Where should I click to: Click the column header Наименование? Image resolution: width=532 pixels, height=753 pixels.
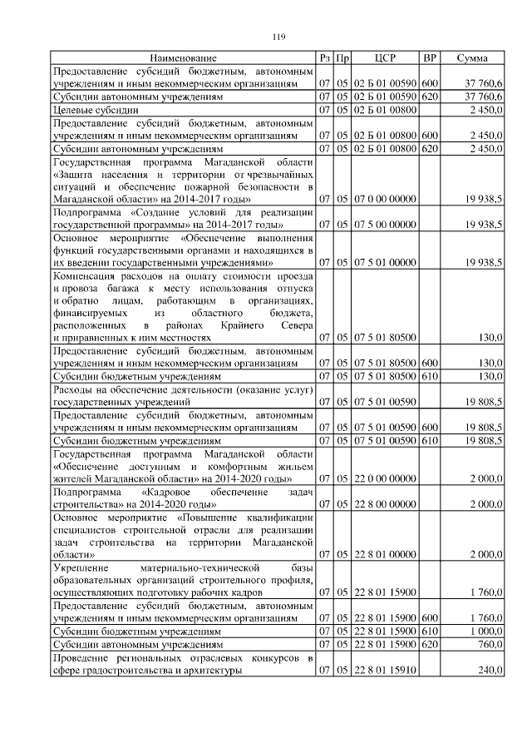pos(183,58)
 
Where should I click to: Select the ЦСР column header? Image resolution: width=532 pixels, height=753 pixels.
pos(384,58)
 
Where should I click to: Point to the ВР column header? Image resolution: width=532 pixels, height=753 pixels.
pos(430,58)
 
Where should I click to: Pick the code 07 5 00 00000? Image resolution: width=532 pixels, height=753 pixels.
pos(384,225)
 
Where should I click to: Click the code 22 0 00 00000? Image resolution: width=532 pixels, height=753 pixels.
pos(384,480)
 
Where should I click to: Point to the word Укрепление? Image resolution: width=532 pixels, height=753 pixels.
pos(81,567)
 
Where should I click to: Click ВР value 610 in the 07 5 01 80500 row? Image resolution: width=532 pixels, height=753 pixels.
pos(430,376)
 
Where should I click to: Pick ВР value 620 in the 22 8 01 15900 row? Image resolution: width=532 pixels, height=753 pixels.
pos(430,644)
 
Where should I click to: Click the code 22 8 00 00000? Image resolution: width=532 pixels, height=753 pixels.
pos(384,504)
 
